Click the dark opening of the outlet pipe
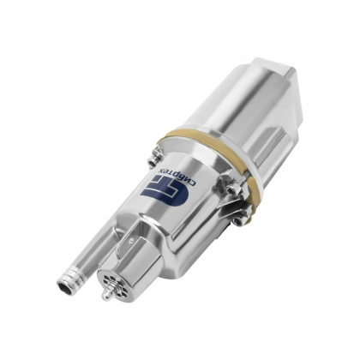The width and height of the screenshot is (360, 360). pos(64,286)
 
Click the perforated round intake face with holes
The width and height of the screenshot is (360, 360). pos(107,282)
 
